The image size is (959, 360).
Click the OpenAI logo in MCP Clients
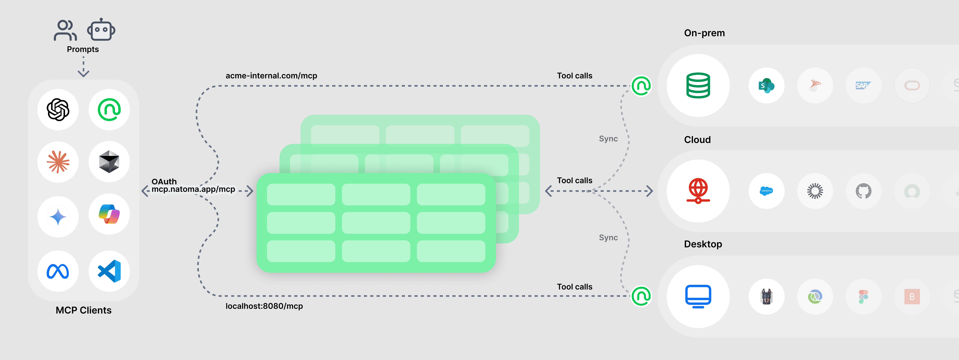pos(58,110)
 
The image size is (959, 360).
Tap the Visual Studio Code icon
pos(109,271)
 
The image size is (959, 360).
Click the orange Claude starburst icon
pos(58,162)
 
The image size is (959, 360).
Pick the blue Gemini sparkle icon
pos(58,217)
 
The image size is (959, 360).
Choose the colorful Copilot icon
pos(109,214)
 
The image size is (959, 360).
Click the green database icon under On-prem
pos(698,86)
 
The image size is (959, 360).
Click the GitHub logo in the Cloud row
pos(863,191)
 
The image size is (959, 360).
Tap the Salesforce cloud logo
pos(766,191)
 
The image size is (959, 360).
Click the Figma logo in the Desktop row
pos(863,297)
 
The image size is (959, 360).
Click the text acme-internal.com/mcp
pos(271,76)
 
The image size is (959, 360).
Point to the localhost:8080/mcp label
pos(264,306)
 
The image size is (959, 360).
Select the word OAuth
pos(164,181)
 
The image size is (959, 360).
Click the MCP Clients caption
pos(83,310)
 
